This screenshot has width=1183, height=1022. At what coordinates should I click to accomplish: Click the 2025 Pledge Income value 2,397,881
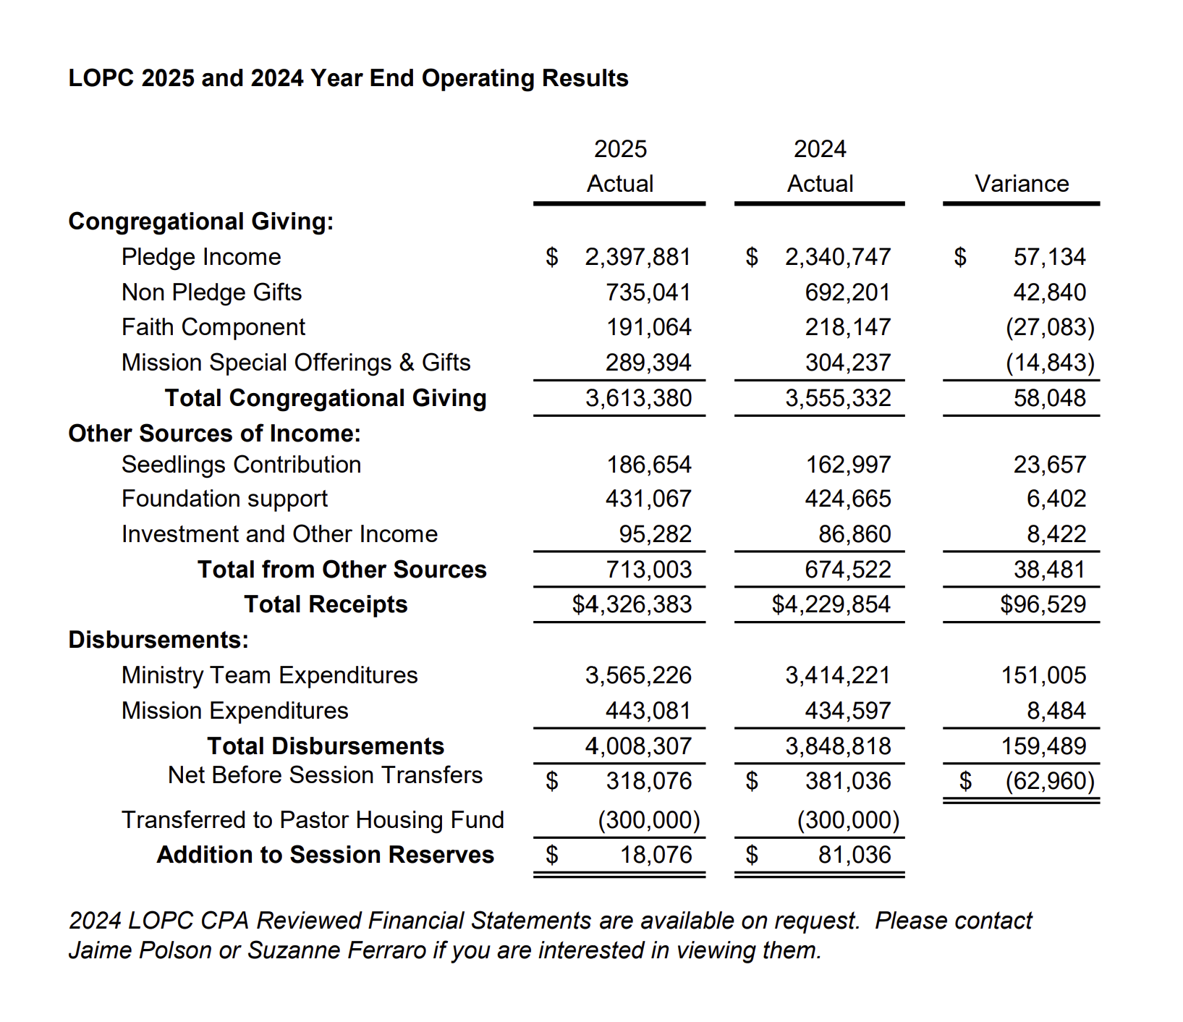coord(637,257)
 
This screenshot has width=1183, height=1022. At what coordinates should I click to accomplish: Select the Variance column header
coord(1021,184)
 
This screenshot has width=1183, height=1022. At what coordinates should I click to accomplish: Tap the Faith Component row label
coord(213,327)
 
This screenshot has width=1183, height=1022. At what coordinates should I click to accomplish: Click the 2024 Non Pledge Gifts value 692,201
coord(847,292)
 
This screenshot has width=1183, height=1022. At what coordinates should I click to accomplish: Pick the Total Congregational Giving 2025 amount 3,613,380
coord(638,398)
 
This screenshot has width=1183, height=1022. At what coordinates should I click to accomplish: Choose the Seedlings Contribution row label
coord(241,465)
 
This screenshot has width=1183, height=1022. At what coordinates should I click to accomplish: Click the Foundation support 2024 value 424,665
coord(847,499)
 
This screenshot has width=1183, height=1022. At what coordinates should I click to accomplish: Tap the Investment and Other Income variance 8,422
coord(1056,534)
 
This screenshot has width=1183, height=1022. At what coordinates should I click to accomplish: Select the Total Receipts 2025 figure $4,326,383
coord(632,604)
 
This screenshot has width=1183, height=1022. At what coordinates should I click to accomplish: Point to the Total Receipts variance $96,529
coord(1043,604)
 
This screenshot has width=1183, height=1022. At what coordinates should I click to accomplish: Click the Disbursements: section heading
coord(158,640)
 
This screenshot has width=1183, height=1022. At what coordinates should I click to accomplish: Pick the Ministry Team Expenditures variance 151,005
coord(1043,675)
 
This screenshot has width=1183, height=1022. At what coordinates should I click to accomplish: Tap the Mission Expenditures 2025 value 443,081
coord(648,711)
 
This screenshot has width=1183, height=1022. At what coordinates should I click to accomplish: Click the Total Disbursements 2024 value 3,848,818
coord(838,746)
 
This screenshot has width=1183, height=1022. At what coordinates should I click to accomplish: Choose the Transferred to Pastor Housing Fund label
coord(313,820)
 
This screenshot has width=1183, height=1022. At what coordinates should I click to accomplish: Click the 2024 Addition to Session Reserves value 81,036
coord(855,855)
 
